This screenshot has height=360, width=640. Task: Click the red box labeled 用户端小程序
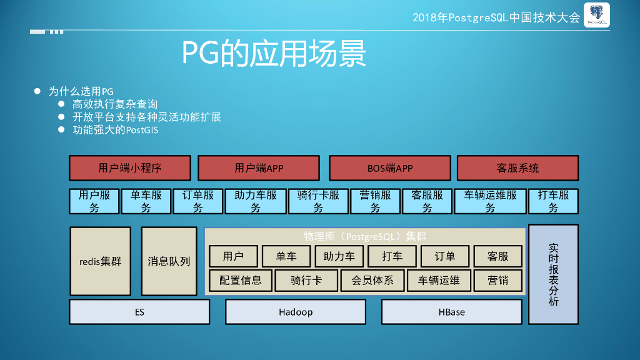130,168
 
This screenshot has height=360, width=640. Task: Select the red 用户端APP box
259,168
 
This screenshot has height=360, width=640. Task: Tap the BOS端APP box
390,168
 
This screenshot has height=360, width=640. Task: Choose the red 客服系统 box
517,168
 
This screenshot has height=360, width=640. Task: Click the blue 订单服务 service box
198,201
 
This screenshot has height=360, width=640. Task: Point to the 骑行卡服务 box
318,201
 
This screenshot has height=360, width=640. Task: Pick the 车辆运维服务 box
490,201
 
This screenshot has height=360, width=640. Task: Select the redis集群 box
100,261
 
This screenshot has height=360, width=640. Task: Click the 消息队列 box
169,261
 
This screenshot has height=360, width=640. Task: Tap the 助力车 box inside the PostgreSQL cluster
339,256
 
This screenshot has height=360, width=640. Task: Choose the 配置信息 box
241,281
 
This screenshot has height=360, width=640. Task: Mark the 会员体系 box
372,281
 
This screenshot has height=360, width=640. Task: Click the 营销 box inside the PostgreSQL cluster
497,281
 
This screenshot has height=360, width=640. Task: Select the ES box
139,312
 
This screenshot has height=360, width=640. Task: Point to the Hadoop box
296,312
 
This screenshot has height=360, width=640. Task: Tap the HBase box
451,312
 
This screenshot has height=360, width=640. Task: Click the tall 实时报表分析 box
553,274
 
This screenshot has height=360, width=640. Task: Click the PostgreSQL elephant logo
596,16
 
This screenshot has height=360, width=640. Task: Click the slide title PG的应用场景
274,54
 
